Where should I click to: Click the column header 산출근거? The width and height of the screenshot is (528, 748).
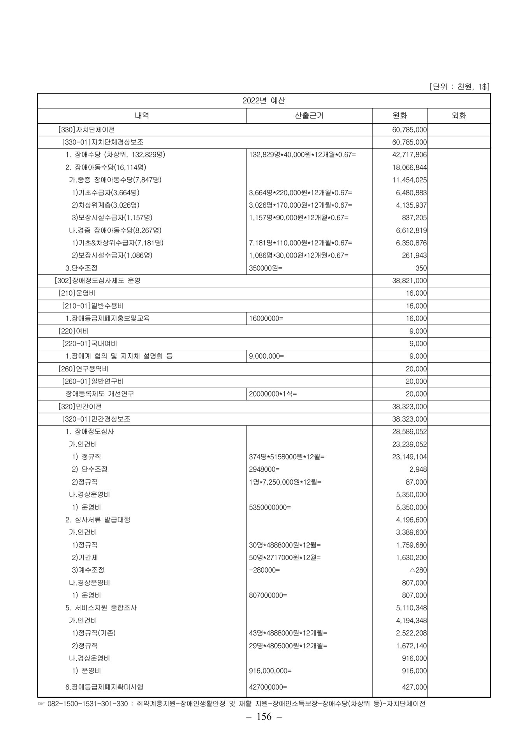(x=309, y=115)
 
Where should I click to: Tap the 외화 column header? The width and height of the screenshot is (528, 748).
(x=459, y=115)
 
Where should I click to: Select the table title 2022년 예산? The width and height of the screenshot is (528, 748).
(x=264, y=101)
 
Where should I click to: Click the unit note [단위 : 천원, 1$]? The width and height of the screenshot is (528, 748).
(x=459, y=86)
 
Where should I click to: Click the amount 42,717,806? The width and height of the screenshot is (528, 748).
(x=409, y=155)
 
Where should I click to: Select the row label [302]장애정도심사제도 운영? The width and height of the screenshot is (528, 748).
(x=98, y=280)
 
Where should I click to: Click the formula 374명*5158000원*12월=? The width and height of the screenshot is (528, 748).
(x=287, y=457)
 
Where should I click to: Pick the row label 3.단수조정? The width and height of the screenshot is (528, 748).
(x=81, y=268)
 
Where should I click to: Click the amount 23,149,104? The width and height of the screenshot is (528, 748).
(x=409, y=457)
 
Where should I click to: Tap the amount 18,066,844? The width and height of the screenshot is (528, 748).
(x=409, y=168)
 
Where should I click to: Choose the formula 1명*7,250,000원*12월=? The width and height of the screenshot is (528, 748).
(x=285, y=482)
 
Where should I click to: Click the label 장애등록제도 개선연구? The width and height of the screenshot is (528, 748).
(x=100, y=394)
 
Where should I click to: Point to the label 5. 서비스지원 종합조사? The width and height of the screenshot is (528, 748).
(x=101, y=608)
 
